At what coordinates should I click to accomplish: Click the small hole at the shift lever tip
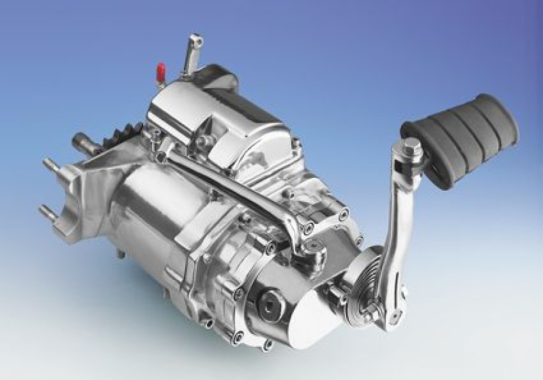tap(195, 39)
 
